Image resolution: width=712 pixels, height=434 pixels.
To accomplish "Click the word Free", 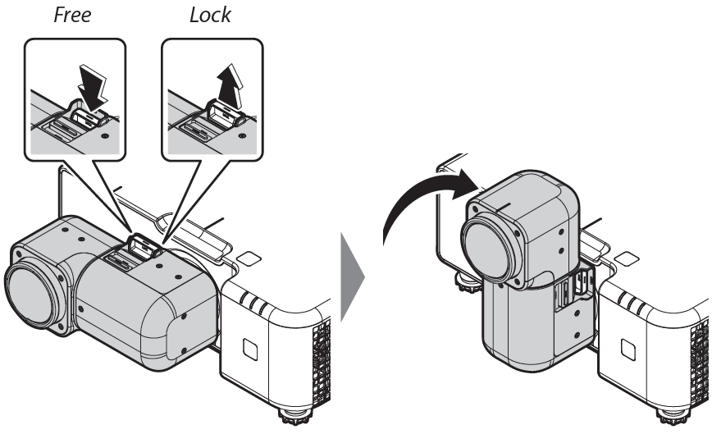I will (x=72, y=16).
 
